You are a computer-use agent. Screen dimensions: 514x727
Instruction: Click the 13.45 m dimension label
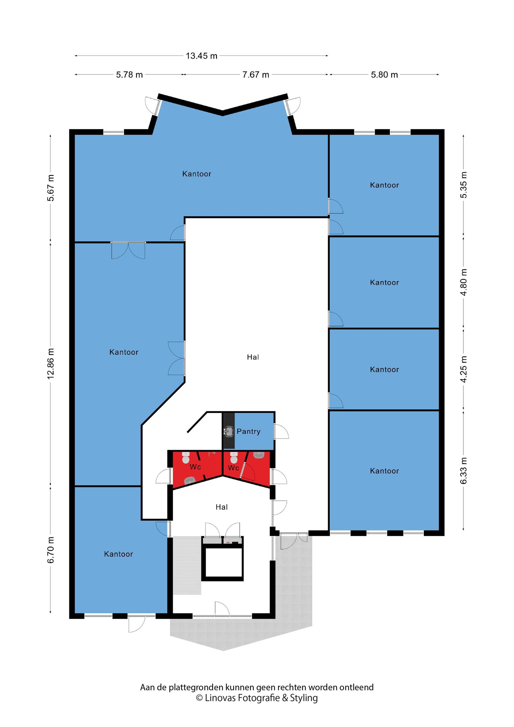(201, 56)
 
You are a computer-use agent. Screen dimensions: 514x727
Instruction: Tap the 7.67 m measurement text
(255, 75)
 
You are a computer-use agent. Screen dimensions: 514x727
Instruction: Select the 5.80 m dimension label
(384, 75)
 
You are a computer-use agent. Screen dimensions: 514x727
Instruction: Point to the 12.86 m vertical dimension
(51, 363)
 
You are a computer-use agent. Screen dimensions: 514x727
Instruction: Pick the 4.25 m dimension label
(463, 369)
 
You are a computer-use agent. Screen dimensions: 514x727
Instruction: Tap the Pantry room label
(248, 431)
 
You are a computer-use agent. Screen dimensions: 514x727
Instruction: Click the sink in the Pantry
(228, 431)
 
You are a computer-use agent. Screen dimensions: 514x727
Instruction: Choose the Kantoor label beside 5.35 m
(384, 185)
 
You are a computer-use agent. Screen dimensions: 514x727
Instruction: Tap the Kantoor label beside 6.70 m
(118, 554)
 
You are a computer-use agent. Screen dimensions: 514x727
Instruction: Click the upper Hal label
(253, 357)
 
